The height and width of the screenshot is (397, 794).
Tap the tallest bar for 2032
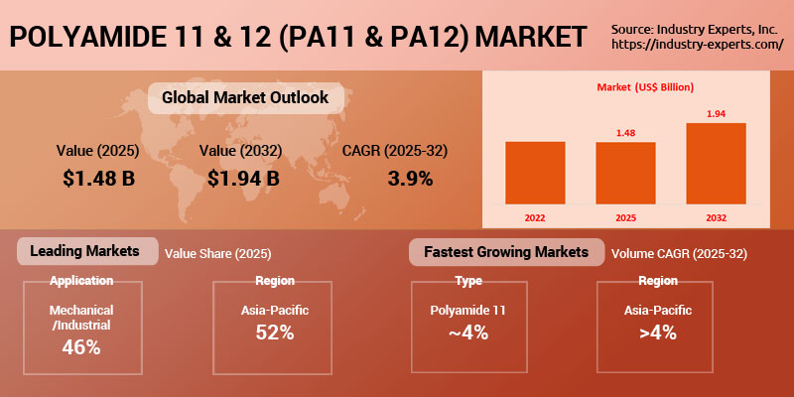click(716, 163)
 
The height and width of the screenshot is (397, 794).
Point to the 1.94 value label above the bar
click(716, 114)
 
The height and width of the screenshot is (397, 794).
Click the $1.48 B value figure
click(98, 179)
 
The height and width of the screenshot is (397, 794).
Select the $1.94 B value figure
click(243, 179)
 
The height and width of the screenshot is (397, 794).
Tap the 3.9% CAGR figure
click(409, 179)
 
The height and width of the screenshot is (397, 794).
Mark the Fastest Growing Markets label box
click(506, 252)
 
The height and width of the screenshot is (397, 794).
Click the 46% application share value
click(81, 347)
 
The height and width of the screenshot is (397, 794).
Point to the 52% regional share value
click(274, 332)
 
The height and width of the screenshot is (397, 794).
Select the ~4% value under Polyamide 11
click(467, 332)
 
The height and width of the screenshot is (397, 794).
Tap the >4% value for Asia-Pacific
click(657, 332)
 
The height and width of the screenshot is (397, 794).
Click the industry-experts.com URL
click(698, 45)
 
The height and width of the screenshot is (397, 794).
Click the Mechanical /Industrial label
click(81, 318)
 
